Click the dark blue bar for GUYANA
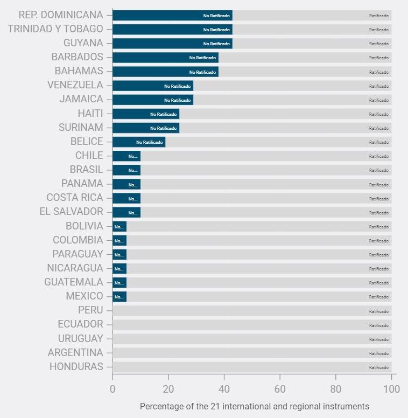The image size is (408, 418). (x=172, y=43)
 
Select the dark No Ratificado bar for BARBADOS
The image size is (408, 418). (x=165, y=57)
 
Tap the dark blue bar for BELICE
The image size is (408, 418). (x=139, y=142)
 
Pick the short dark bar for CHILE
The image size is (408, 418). (x=126, y=156)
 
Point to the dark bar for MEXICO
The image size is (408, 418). (x=119, y=296)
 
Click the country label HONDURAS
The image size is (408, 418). (x=76, y=367)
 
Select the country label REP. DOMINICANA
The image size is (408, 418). (x=61, y=15)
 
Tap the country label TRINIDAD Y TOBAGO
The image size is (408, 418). (x=55, y=29)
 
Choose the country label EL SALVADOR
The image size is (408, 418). (x=71, y=212)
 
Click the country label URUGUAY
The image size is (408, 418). (x=81, y=339)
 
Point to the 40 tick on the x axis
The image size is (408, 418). (x=224, y=389)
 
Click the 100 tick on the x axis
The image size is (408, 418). (x=391, y=389)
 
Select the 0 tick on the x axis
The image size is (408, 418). (x=112, y=389)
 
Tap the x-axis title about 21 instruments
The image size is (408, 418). (x=255, y=406)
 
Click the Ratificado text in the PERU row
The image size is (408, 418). (x=379, y=311)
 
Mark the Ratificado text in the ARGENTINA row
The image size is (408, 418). (x=379, y=353)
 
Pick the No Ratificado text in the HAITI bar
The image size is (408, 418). (x=164, y=114)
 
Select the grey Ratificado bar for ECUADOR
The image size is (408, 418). (x=252, y=325)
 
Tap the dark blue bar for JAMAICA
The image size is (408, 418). (x=153, y=100)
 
